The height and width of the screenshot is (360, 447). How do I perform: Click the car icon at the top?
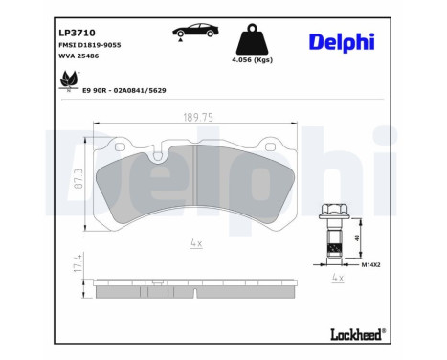pyautogui.click(x=191, y=33)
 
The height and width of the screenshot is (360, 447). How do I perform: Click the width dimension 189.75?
pyautogui.click(x=195, y=117)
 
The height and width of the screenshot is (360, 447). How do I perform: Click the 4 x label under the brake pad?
pyautogui.click(x=195, y=243)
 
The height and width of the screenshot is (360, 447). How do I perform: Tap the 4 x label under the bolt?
pyautogui.click(x=336, y=277)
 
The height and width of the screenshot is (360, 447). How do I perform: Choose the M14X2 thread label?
pyautogui.click(x=370, y=263)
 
